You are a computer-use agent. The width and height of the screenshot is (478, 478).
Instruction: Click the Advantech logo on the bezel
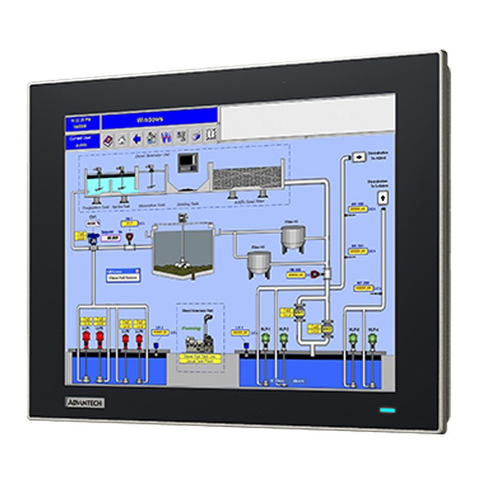[x=84, y=402]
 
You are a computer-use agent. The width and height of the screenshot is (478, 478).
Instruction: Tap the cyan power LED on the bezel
[x=388, y=410]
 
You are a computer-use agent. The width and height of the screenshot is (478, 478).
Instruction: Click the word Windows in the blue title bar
[x=150, y=119]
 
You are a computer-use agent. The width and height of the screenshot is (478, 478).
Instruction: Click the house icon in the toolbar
[x=122, y=139]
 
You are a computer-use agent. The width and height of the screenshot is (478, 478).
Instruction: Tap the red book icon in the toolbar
[x=108, y=140]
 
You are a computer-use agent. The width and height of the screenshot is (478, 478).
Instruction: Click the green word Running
[x=191, y=328]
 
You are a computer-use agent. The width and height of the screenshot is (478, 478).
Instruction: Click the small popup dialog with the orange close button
[x=123, y=274]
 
